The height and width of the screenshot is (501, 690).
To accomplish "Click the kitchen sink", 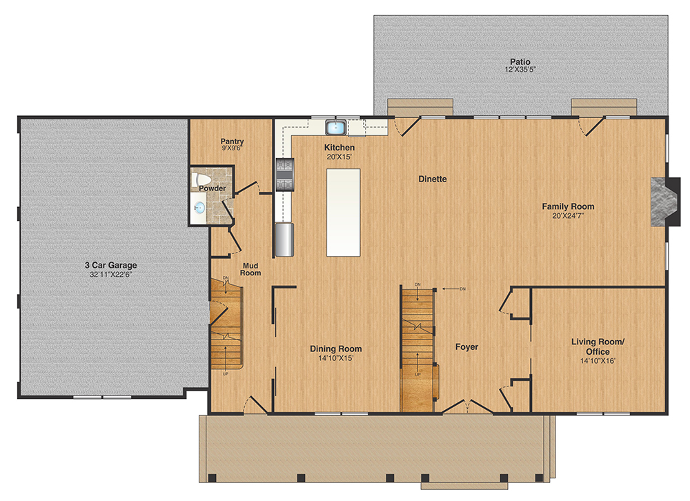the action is [335, 127].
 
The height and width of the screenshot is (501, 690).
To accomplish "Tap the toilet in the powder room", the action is [201, 179].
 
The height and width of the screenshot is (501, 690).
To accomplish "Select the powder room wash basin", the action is [199, 207].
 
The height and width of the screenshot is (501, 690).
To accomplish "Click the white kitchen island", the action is [343, 212].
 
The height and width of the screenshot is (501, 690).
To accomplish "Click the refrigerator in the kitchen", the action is [284, 239].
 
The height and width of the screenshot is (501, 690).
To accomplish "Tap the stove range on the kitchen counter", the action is [284, 175].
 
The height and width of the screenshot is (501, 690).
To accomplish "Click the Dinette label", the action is [433, 179].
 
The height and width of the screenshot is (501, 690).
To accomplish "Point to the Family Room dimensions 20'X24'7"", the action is [568, 216].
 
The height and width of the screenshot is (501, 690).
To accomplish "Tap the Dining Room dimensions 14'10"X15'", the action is [336, 358].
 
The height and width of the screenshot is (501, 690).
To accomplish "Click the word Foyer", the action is [467, 347].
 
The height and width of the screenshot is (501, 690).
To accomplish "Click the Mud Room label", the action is [250, 269].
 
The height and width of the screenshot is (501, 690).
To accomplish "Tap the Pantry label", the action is [232, 141].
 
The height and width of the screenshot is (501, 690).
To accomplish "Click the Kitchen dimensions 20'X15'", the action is [339, 157].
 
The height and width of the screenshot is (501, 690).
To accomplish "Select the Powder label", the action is [212, 188].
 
